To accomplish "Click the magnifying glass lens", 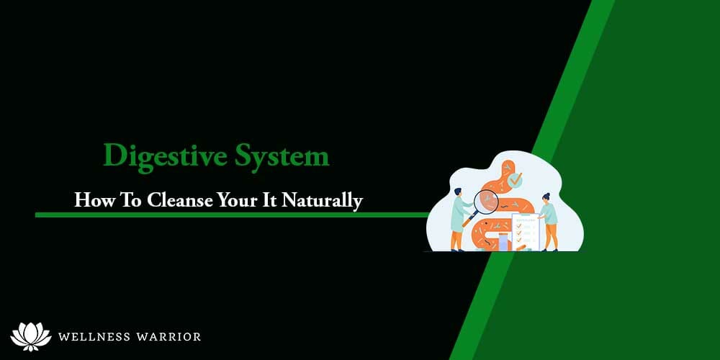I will pyautogui.click(x=487, y=202).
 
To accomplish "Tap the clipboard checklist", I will pyautogui.click(x=525, y=229).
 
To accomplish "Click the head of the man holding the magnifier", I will pyautogui.click(x=458, y=194).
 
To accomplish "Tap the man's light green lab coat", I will pyautogui.click(x=458, y=216).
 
